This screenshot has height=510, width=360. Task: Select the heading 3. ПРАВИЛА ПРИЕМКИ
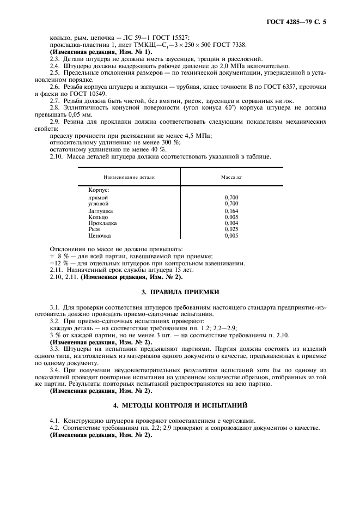pos(180,292)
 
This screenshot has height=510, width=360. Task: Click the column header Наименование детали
pos(130,177)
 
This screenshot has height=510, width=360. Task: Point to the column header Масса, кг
pos(231,177)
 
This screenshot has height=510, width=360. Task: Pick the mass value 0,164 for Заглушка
pos(231,210)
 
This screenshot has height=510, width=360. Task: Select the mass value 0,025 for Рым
pos(231,229)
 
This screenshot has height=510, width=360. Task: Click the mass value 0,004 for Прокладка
pos(231,223)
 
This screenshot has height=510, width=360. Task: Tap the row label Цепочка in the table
pos(100,236)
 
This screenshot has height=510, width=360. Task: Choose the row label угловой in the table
pos(99,203)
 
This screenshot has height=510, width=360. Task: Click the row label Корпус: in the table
pos(99,190)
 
